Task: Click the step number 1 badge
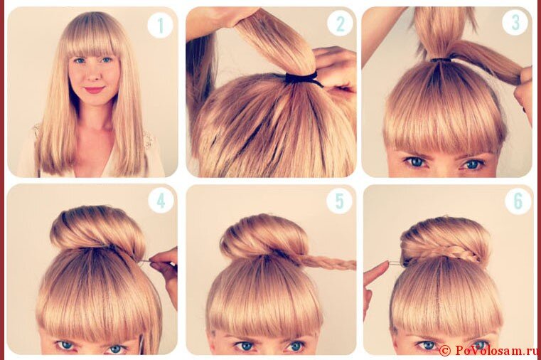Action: point(160,25)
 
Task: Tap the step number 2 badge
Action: point(340,23)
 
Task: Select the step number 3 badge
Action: point(515,23)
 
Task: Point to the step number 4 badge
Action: point(161,201)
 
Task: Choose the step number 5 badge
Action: point(340,201)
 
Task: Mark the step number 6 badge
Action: point(518,201)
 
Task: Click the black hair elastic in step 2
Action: point(301,79)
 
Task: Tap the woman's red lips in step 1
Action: point(94,90)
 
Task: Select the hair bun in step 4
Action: point(98,229)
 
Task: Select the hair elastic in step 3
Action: point(441,60)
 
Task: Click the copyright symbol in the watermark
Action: point(445,351)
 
